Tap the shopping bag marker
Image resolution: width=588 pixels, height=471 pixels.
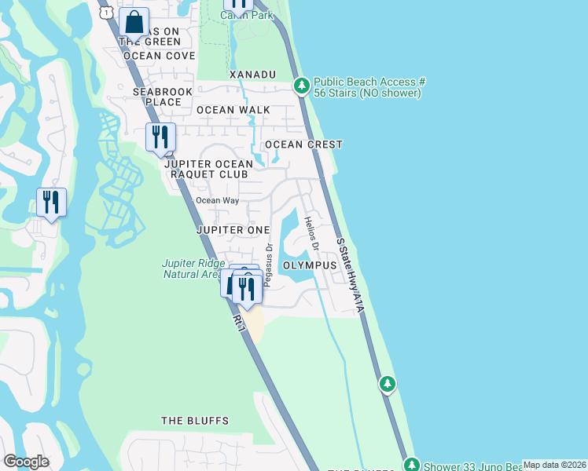134,23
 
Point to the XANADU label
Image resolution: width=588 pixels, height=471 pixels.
252,75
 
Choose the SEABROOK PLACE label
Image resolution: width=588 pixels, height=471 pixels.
157,97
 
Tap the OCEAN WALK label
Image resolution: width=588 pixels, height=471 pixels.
233,110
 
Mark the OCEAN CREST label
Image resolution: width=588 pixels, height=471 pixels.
303,144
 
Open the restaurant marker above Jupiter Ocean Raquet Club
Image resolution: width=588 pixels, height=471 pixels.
160,137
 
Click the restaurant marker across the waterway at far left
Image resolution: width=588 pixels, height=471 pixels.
51,203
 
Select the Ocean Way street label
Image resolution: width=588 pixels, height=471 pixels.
217,200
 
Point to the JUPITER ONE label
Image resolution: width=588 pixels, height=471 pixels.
233,230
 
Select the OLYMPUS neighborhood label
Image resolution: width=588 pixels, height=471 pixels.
310,266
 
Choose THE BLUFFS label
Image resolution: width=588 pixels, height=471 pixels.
195,421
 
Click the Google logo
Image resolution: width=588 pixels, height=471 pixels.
26,462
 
